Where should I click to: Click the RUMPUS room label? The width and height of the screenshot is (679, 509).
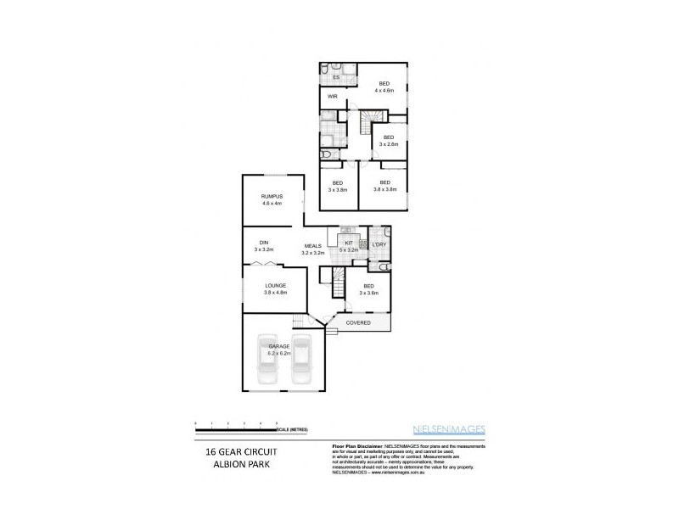click(272, 197)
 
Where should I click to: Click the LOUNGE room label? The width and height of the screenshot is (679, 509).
click(275, 285)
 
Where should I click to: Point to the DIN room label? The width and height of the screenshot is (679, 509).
click(264, 243)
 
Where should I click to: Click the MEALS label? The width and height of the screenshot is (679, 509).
click(313, 246)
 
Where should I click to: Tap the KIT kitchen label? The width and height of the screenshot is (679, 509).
click(348, 243)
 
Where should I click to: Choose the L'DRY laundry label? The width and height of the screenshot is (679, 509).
click(379, 244)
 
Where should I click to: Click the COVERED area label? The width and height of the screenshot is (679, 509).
click(357, 322)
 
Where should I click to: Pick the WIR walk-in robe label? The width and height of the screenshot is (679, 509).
click(334, 98)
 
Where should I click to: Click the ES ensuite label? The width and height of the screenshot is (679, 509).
click(336, 77)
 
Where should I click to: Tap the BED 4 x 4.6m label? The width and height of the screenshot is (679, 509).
click(384, 83)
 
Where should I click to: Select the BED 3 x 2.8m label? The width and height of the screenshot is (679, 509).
click(389, 137)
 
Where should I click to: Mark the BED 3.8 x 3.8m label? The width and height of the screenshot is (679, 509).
click(384, 183)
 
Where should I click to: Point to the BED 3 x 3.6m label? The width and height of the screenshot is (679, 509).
click(368, 286)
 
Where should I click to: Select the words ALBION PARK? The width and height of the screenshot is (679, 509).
click(230, 467)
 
